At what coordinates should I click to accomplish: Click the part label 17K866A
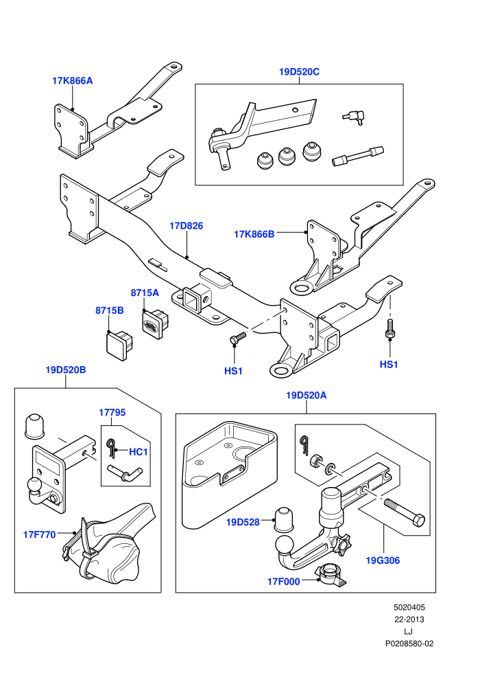[x=72, y=80]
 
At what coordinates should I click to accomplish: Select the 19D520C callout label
[x=299, y=72]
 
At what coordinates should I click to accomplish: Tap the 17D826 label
[x=186, y=226]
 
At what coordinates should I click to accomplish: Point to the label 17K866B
[x=254, y=234]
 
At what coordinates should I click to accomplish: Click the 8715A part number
[x=145, y=293]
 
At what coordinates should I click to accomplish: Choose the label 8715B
[x=110, y=310]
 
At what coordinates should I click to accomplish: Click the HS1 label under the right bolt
[x=389, y=364]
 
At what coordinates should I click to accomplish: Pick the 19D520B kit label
[x=66, y=370]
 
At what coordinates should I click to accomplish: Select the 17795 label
[x=112, y=412]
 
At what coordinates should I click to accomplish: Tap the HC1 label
[x=139, y=452]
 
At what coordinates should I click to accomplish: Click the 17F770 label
[x=39, y=534]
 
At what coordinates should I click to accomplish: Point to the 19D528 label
[x=243, y=522]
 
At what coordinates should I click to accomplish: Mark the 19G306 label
[x=383, y=560]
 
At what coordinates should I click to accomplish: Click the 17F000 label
[x=283, y=582]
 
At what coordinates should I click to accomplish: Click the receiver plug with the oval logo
[x=154, y=321]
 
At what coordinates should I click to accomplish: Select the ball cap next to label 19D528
[x=283, y=518]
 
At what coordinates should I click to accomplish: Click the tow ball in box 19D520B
[x=34, y=485]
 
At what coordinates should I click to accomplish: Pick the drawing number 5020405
[x=409, y=608]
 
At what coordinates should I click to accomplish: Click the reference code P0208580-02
[x=409, y=644]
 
